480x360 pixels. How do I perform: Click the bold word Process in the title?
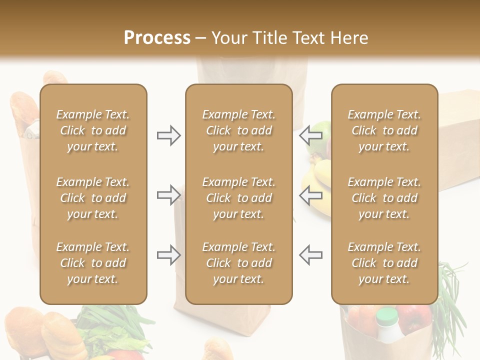[157, 38]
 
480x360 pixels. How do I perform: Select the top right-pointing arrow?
[168, 135]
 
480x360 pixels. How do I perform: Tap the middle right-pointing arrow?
[168, 195]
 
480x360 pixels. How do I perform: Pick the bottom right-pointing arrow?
[168, 255]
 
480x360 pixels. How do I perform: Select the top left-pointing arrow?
[311, 135]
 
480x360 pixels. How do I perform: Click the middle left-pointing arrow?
[311, 195]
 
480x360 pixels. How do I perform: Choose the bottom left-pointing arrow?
[311, 255]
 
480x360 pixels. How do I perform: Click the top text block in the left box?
[93, 130]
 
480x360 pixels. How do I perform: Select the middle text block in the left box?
[93, 198]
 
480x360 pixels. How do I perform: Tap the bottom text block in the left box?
[93, 263]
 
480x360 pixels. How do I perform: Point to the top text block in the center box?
[238, 130]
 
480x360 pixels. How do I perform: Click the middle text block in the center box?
[238, 198]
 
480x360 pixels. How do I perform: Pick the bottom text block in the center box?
[238, 263]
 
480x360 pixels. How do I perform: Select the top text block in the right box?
[384, 130]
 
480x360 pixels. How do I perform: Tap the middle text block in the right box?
[384, 198]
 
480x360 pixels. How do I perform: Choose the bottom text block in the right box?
[384, 263]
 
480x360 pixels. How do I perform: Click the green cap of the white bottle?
[387, 315]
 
